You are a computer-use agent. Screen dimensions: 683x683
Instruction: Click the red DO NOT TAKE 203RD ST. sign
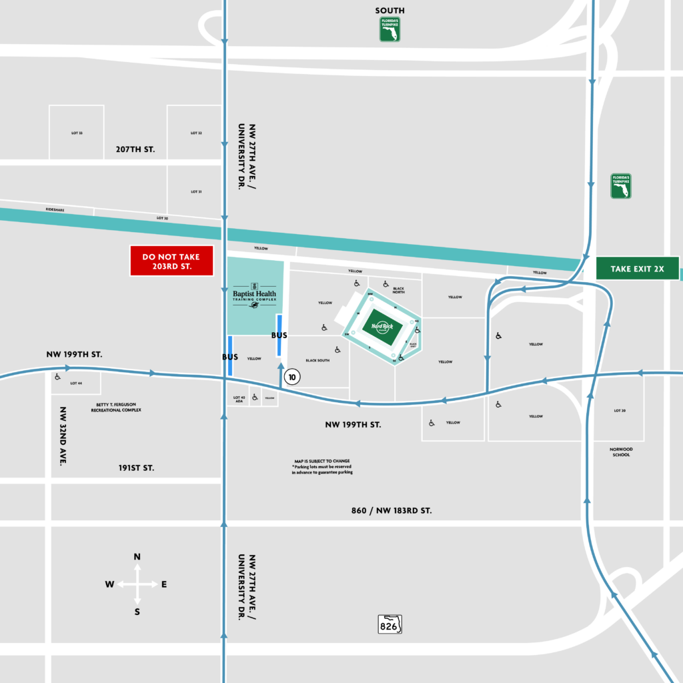[x=171, y=261]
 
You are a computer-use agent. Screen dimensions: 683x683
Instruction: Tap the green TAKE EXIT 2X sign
[x=637, y=269]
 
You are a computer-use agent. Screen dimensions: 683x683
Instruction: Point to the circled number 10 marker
[x=291, y=377]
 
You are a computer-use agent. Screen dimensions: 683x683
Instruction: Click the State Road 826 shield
[x=390, y=624]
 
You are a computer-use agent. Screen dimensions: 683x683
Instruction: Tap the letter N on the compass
[x=137, y=556]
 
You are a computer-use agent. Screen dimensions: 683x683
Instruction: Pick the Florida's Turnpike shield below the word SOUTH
[x=390, y=29]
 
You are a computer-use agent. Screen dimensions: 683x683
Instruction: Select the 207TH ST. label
[x=136, y=149]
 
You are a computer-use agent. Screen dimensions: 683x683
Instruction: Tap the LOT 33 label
[x=77, y=133]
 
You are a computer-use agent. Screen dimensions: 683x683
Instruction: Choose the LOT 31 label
[x=195, y=191]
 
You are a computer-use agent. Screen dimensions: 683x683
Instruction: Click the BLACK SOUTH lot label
[x=317, y=360]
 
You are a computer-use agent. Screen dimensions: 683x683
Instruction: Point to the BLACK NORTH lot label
[x=398, y=290]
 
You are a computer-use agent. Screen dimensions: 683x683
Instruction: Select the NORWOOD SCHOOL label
[x=620, y=452]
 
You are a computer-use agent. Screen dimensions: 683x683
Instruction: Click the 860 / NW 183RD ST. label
[x=392, y=510]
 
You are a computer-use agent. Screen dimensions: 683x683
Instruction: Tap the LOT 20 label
[x=618, y=410]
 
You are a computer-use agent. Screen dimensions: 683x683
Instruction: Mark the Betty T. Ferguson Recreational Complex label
[x=116, y=408]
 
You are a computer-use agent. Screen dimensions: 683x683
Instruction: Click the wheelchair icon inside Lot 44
[x=57, y=376]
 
